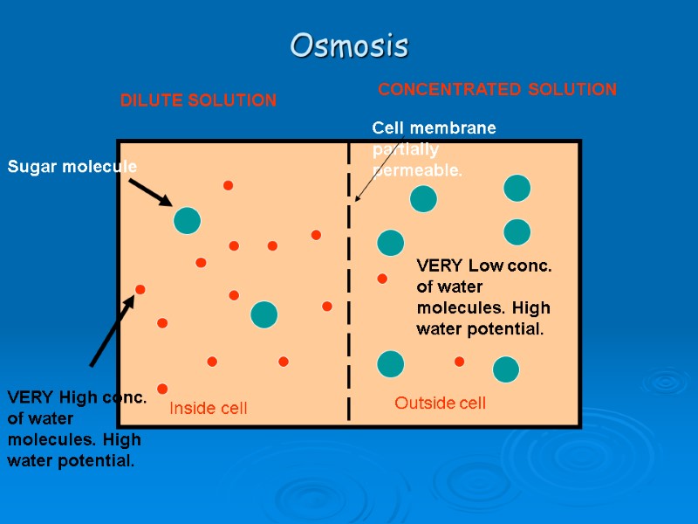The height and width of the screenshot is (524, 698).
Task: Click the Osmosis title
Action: [x=349, y=45]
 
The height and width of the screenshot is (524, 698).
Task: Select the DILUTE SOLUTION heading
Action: [x=198, y=100]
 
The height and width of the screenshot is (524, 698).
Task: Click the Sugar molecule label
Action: [x=72, y=166]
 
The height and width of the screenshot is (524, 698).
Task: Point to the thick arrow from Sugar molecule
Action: [x=150, y=193]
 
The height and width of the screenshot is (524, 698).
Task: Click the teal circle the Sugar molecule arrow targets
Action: [x=187, y=220]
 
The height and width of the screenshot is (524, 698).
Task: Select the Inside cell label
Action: [x=208, y=408]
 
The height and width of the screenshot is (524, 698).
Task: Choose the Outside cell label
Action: [x=440, y=403]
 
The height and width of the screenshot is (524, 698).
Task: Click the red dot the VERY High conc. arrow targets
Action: [x=140, y=289]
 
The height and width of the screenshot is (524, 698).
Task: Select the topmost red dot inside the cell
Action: [x=228, y=185]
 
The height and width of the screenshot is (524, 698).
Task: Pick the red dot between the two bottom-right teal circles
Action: [x=459, y=362]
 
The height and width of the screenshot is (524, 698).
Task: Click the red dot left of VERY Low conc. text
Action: [x=381, y=279]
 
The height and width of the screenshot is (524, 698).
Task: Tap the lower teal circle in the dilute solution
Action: [x=263, y=314]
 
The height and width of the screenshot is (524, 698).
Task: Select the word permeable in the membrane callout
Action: [x=417, y=170]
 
